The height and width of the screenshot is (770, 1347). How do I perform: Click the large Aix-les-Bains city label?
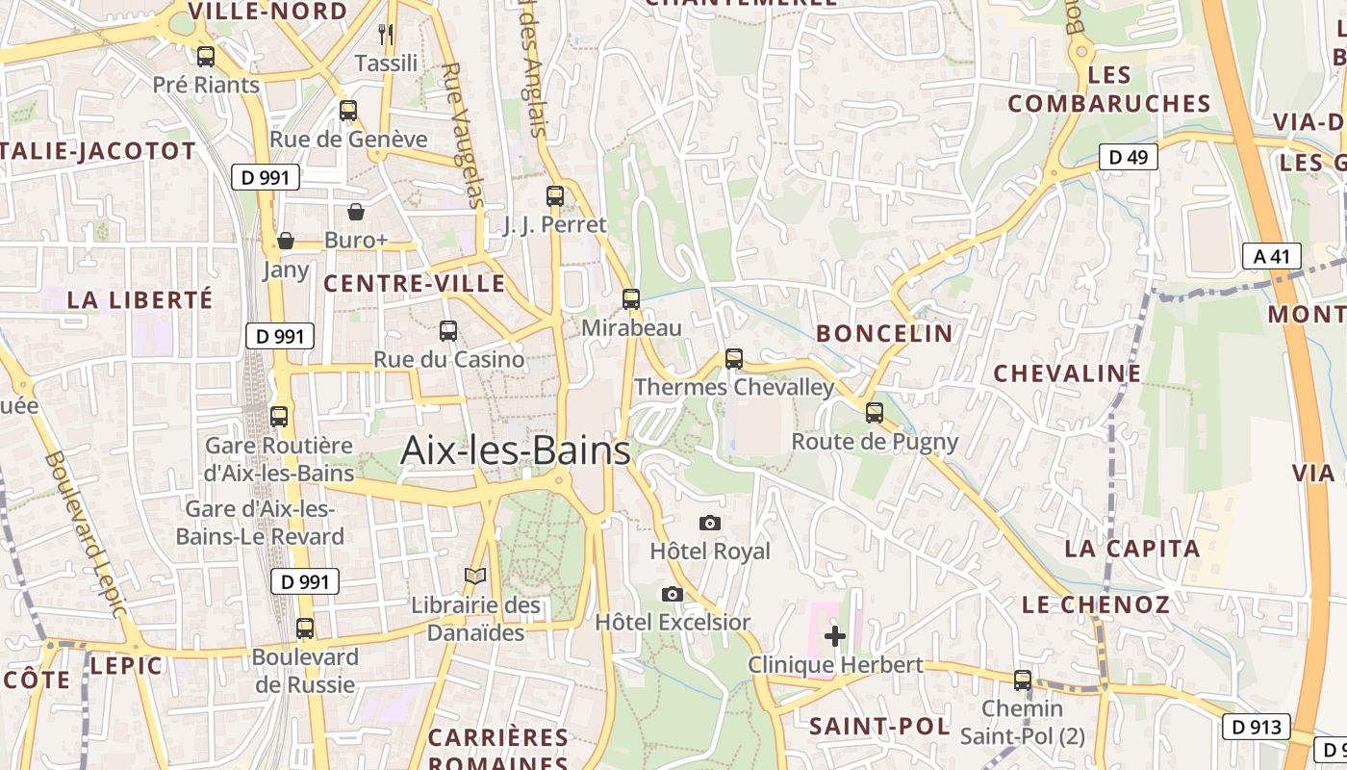pyautogui.click(x=515, y=450)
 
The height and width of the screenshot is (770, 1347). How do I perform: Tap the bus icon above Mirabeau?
pyautogui.click(x=631, y=298)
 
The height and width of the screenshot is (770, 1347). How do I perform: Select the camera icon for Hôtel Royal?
pyautogui.click(x=710, y=523)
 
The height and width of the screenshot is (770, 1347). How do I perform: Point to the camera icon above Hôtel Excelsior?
pyautogui.click(x=673, y=594)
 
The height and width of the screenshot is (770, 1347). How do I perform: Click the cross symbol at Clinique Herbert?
pyautogui.click(x=835, y=635)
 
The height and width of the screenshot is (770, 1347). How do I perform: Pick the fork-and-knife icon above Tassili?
pyautogui.click(x=386, y=35)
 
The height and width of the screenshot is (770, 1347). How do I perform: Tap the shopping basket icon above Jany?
pyautogui.click(x=286, y=241)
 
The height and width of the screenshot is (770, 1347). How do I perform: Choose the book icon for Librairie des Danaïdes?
pyautogui.click(x=475, y=577)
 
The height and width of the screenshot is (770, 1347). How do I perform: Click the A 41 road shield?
pyautogui.click(x=1271, y=256)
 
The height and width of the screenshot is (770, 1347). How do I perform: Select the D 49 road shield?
pyautogui.click(x=1129, y=157)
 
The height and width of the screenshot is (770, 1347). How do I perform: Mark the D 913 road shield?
pyautogui.click(x=1256, y=727)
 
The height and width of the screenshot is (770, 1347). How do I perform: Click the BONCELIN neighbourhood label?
pyautogui.click(x=884, y=334)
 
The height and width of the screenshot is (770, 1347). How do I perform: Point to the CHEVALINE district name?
pyautogui.click(x=1067, y=373)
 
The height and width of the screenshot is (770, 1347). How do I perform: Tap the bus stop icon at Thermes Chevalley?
pyautogui.click(x=734, y=359)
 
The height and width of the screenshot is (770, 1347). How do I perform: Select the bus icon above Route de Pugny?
pyautogui.click(x=875, y=412)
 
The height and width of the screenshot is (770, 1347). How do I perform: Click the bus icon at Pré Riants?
pyautogui.click(x=206, y=56)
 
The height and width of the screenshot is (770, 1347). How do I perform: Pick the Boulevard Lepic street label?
pyautogui.click(x=85, y=534)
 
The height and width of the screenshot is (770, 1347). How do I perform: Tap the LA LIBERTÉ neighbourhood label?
pyautogui.click(x=140, y=300)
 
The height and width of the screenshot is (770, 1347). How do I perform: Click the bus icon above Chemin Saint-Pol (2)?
pyautogui.click(x=1022, y=680)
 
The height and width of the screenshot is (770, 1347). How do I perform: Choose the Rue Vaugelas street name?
pyautogui.click(x=464, y=135)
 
